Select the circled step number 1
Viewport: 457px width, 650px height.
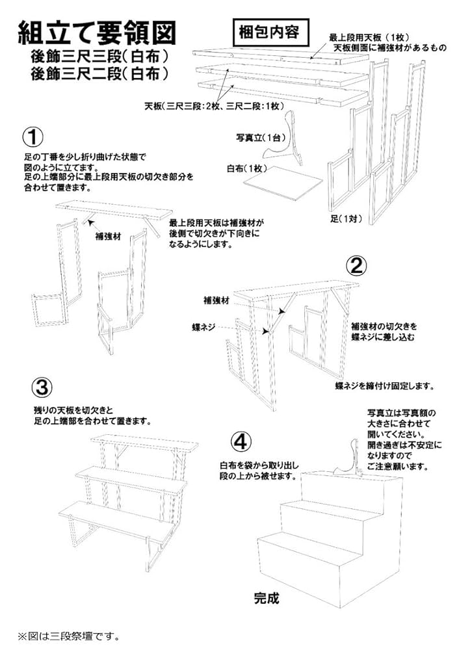point(33,136)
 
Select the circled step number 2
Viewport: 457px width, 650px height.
point(357,265)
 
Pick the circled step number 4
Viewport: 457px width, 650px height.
point(240,442)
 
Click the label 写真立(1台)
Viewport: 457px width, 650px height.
point(257,138)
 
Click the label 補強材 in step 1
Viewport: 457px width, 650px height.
point(109,236)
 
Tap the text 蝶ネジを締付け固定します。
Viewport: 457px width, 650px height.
point(384,385)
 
